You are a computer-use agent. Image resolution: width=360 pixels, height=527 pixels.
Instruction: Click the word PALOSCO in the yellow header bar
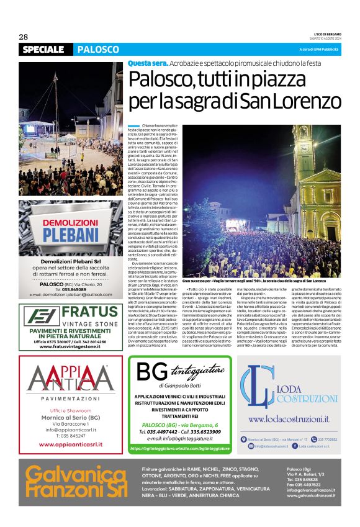98,49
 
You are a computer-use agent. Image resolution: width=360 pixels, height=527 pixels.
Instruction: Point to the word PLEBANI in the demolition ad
70,238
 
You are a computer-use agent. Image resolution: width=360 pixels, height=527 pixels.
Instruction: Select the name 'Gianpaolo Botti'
166,385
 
